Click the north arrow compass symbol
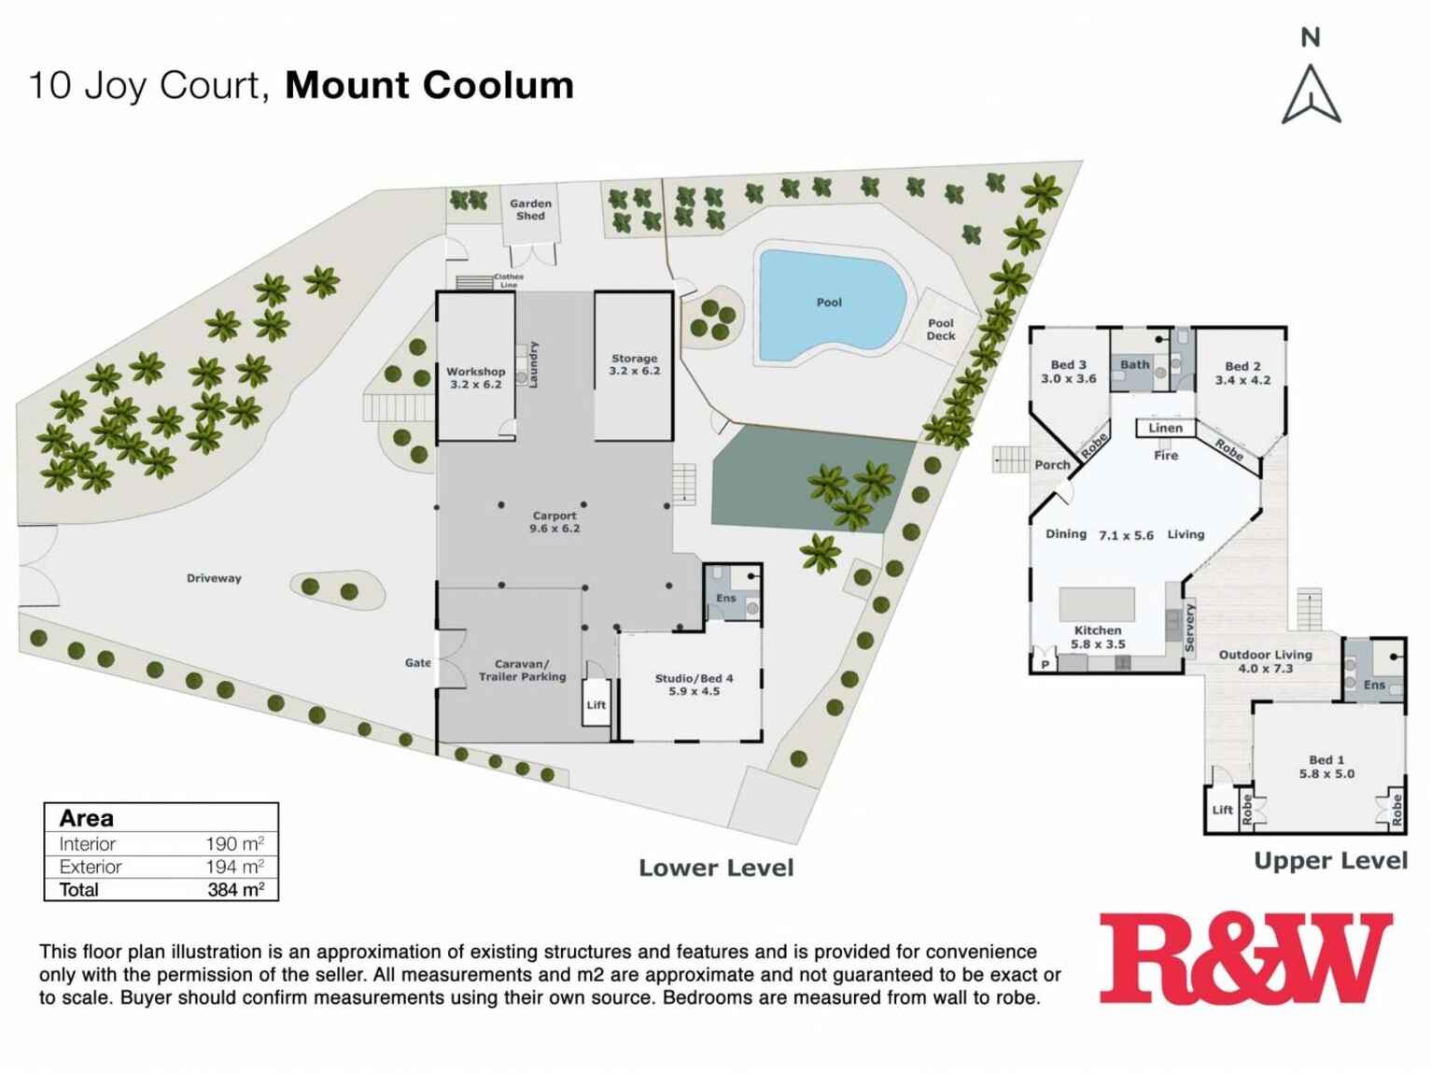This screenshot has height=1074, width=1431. click(x=1311, y=93)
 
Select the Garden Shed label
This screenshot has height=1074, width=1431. click(x=530, y=209)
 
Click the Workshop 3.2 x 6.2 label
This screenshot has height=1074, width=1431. click(x=475, y=377)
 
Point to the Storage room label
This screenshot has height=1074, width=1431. click(x=634, y=364)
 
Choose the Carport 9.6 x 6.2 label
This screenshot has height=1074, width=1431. click(x=554, y=521)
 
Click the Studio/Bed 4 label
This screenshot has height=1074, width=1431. click(x=694, y=685)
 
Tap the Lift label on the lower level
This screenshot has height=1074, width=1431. click(x=596, y=705)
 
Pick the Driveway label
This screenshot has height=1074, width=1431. click(x=214, y=578)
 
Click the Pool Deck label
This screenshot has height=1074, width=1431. click(x=941, y=330)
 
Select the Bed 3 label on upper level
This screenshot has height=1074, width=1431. click(x=1069, y=372)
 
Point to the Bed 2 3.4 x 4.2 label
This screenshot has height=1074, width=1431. click(x=1242, y=373)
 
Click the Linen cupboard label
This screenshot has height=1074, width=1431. click(x=1165, y=428)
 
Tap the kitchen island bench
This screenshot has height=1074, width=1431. click(x=1097, y=604)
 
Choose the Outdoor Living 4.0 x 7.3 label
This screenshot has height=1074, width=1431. click(x=1265, y=661)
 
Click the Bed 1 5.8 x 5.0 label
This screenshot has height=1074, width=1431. click(x=1326, y=767)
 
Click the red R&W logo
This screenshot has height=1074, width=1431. click(x=1245, y=957)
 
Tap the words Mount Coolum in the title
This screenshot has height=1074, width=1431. click(x=429, y=85)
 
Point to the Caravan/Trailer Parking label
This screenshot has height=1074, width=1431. click(x=522, y=671)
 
